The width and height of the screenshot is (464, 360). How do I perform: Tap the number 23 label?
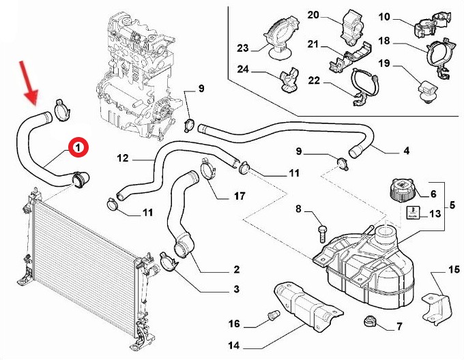[x=243, y=48]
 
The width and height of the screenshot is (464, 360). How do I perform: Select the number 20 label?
[x=313, y=14]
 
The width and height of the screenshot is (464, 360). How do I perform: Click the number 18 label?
[x=403, y=41]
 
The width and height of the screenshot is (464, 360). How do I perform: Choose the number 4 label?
[x=406, y=151]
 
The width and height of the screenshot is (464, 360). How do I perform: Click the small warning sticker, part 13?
[x=414, y=212]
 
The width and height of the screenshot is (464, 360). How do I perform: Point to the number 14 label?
[x=234, y=346]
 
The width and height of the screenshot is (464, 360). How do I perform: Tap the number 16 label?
[x=234, y=323]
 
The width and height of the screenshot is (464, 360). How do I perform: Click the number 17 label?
[x=239, y=196]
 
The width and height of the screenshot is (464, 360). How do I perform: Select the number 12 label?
[x=123, y=158]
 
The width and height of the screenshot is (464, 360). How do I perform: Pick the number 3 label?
[x=236, y=290]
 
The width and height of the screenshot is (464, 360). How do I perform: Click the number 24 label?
[x=243, y=69]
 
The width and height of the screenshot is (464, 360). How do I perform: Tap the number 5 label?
[x=451, y=203]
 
